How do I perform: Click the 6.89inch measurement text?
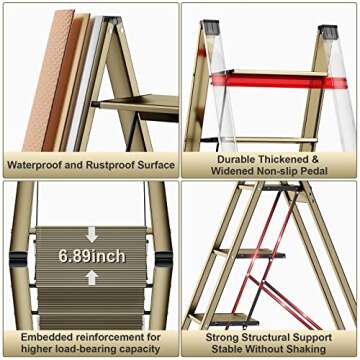point(91,256)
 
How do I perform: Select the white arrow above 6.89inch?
point(91,236)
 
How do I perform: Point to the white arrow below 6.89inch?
point(91,277)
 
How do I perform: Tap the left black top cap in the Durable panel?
point(209,28)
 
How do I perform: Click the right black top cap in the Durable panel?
point(327,31)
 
